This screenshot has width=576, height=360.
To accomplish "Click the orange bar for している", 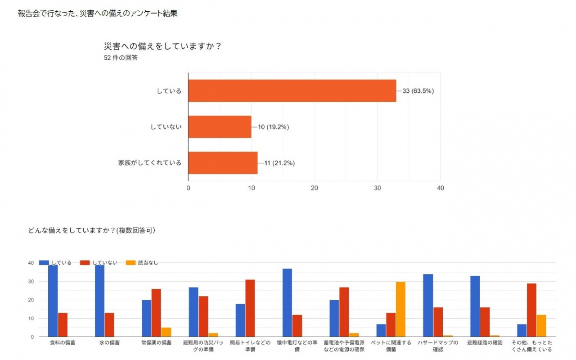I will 292,91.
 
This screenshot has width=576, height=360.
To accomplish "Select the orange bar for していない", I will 220,127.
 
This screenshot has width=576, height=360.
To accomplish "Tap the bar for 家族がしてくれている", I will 223,163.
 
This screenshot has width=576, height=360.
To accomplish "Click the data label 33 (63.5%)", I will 418,91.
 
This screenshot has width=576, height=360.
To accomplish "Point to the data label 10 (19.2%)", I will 273,127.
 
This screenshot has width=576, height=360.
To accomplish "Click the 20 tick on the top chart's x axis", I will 315,188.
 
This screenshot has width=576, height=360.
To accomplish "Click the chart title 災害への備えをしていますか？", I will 162,46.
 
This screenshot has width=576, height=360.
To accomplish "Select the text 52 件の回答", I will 121,58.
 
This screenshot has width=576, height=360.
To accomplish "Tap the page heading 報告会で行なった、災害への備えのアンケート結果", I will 97,13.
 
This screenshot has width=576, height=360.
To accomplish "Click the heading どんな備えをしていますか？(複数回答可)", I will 91,230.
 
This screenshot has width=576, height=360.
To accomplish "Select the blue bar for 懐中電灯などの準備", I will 287,302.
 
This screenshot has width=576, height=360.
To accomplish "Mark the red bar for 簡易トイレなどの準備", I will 250,308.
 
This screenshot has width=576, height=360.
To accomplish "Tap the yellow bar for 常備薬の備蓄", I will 166,332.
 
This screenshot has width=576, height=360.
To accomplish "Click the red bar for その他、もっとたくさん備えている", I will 531,310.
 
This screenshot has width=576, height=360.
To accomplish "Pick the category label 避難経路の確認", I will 485,343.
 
